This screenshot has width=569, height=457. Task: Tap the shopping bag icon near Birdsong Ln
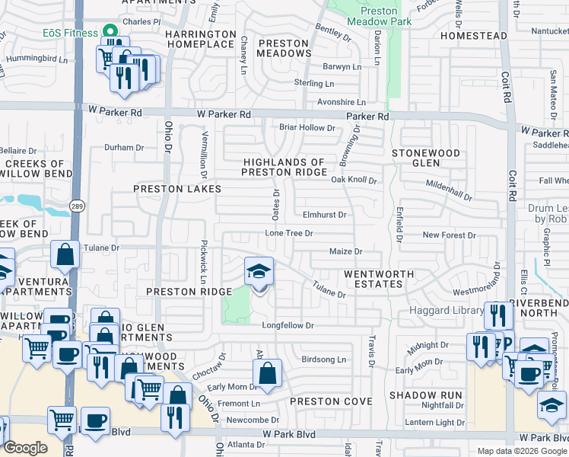267,374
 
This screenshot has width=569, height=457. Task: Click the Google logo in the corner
25,447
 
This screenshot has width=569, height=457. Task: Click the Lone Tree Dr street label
288,233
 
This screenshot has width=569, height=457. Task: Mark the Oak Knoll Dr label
354,180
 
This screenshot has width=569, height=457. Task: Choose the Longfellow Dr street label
288,326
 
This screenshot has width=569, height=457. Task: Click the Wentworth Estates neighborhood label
379,279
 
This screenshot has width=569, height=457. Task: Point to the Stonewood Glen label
426,158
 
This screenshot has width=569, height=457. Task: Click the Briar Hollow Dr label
307,127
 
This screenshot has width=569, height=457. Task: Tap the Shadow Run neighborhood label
425,395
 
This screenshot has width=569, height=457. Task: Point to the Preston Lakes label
177,189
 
